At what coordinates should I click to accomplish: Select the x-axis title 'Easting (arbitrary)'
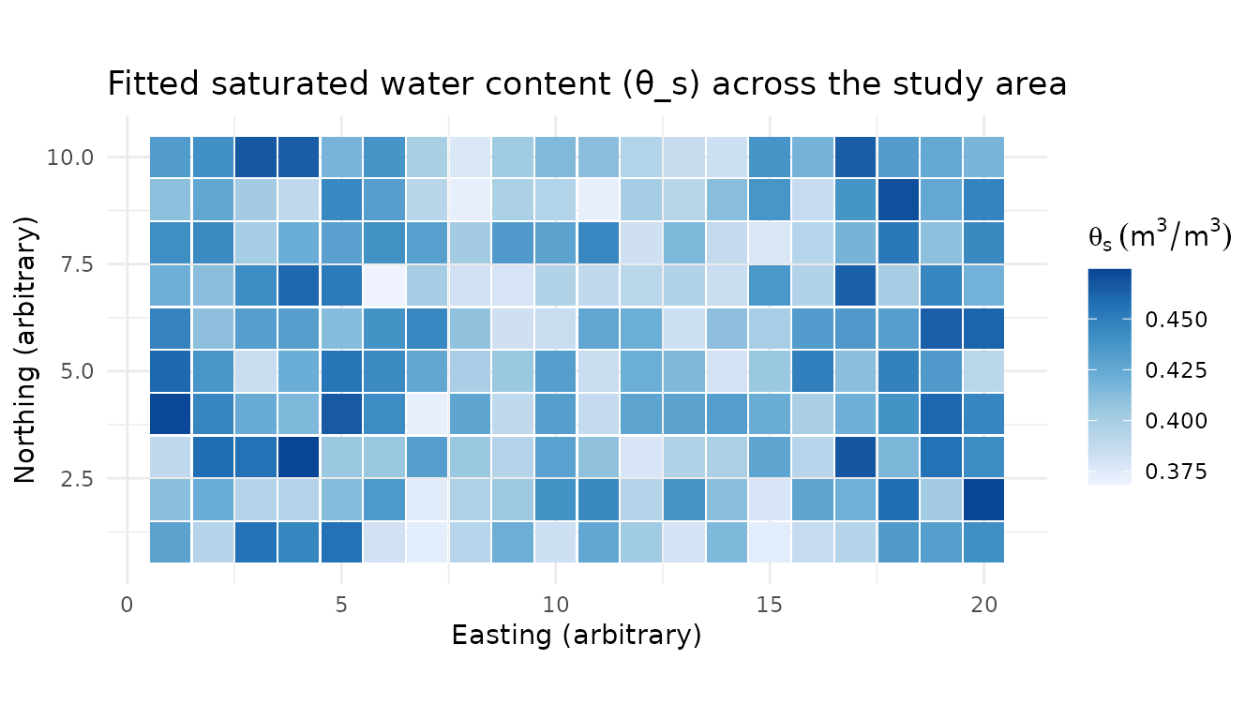576,635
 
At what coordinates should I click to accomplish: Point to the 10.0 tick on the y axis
71,157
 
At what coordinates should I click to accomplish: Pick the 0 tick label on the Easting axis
127,605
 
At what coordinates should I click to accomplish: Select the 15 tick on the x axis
770,605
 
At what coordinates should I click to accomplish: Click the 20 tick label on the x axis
983,605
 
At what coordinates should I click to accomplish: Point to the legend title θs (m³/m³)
1159,236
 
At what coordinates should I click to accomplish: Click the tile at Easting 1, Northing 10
171,157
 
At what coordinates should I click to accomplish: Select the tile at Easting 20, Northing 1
983,542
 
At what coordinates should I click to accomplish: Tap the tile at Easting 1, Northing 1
171,542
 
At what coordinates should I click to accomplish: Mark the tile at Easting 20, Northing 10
983,157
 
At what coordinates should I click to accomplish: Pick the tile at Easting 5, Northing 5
341,371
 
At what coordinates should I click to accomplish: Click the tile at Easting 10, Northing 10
556,157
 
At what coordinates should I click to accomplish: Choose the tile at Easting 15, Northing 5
770,371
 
